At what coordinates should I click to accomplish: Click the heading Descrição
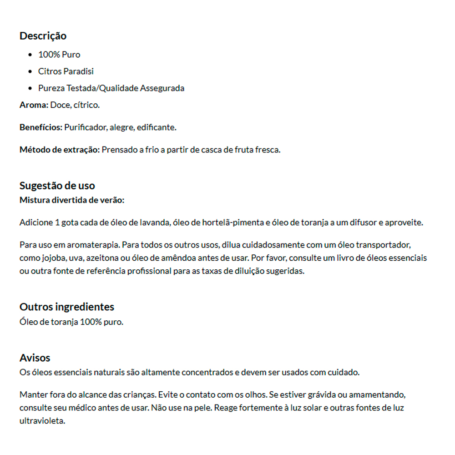tap(43, 36)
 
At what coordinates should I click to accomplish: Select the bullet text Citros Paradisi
tap(66, 71)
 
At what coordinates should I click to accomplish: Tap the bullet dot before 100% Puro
tap(30, 55)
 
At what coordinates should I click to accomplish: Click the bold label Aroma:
tap(34, 105)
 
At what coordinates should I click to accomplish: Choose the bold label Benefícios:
tap(40, 127)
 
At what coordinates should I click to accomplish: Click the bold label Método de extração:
tap(59, 150)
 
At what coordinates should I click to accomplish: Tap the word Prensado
tap(117, 150)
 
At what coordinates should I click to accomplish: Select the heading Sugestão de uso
tap(57, 186)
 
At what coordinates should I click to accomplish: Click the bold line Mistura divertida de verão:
tap(72, 200)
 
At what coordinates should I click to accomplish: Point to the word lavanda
tap(154, 223)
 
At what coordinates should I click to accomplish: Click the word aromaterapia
tap(88, 245)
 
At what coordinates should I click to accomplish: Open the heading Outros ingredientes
tap(66, 307)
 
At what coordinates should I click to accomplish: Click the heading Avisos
tap(35, 358)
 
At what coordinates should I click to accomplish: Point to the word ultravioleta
tap(42, 421)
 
